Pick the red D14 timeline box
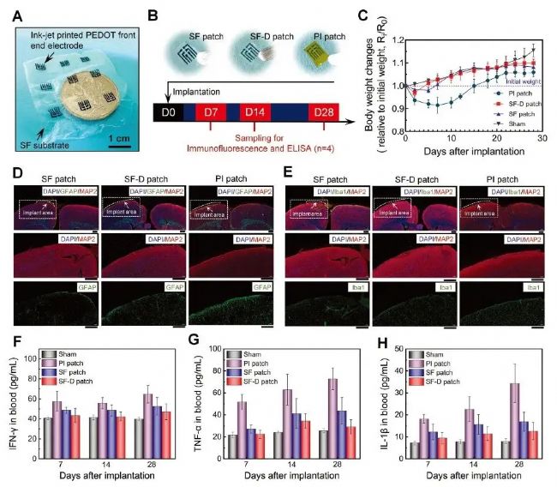coord(255,111)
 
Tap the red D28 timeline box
coord(324,111)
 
